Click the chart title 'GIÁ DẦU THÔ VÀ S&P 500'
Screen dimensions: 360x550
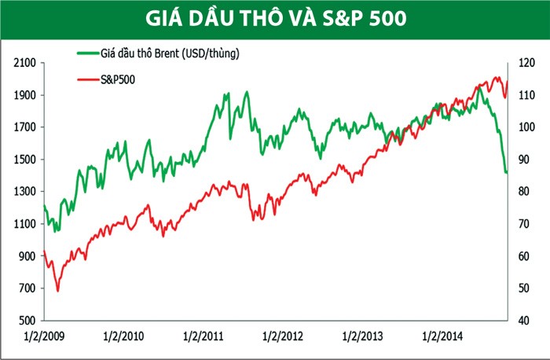coord(275,18)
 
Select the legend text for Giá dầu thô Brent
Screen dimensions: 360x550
coord(169,54)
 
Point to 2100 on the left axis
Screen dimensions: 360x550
coord(27,63)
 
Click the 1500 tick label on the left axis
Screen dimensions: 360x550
coord(27,160)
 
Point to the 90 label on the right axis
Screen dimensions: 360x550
coord(523,160)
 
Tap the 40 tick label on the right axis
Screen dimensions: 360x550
coord(523,321)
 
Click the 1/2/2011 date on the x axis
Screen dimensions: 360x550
coord(203,337)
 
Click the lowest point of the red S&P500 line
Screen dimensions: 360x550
coord(57,291)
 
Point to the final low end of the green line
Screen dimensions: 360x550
coord(507,172)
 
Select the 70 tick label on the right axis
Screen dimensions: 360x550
coord(523,224)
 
